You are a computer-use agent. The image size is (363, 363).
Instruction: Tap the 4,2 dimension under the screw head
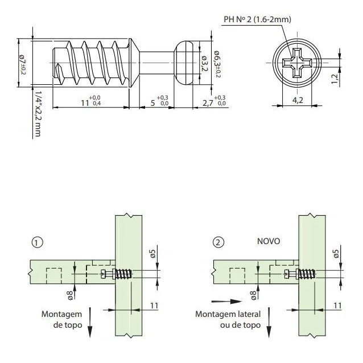tap(296, 101)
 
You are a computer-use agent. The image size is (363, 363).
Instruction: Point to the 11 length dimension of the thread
tap(85, 102)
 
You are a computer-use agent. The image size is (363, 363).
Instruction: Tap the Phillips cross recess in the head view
tap(296, 62)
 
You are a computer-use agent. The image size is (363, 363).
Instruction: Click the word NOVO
tap(269, 241)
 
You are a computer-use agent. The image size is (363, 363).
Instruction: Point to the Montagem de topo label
tap(62, 319)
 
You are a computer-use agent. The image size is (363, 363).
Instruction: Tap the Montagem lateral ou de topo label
tap(228, 319)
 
